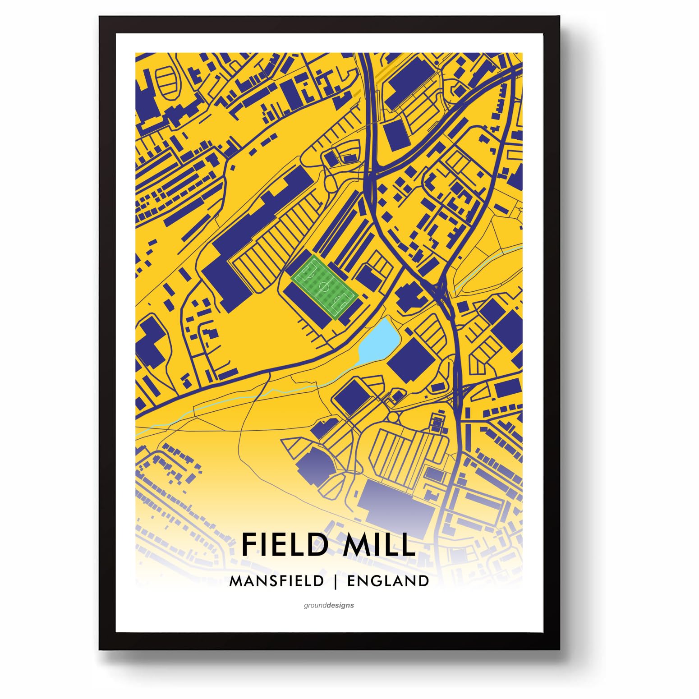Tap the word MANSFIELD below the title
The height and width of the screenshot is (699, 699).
276,581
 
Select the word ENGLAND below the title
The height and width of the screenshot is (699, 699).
388,581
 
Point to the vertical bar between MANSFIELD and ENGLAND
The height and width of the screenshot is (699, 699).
335,581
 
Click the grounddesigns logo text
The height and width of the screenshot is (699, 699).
329,605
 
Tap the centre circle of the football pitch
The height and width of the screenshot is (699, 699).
324,287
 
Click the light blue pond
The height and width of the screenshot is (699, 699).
379,340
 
